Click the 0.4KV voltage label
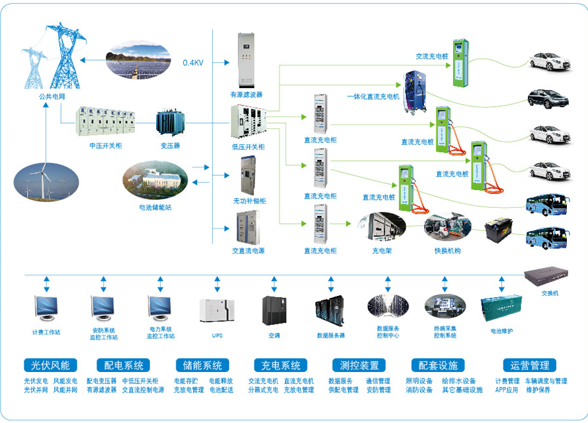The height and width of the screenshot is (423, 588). pyautogui.click(x=192, y=63)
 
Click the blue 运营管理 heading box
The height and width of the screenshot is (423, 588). pyautogui.click(x=529, y=365)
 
